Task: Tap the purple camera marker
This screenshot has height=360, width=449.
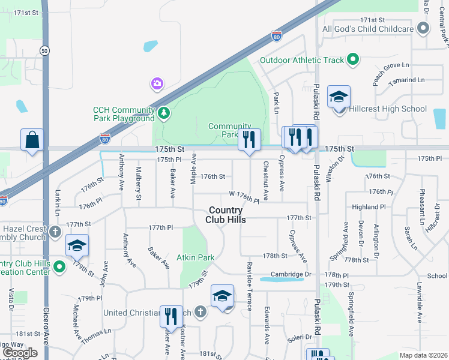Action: (x=157, y=83)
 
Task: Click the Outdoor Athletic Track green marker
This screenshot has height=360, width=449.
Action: (x=353, y=59)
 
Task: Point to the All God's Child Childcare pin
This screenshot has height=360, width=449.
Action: (x=424, y=28)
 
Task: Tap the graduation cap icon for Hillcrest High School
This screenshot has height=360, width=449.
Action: (x=339, y=97)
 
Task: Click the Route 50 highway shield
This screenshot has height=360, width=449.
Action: (x=45, y=50)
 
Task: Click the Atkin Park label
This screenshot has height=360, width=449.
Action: (x=195, y=258)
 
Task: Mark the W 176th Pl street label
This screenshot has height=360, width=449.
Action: (x=244, y=196)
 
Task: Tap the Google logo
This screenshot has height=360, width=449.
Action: (x=20, y=353)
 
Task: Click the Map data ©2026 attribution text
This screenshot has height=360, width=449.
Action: (x=423, y=355)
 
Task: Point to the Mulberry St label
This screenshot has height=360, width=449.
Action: (x=139, y=183)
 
